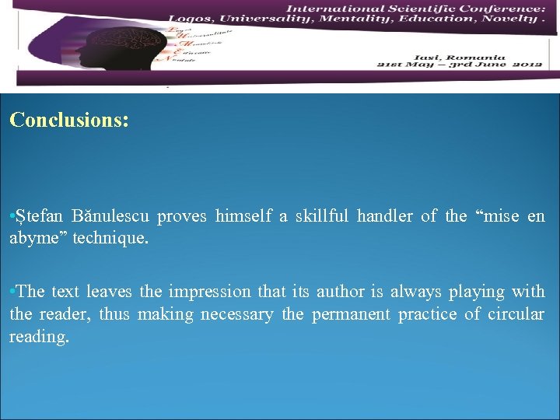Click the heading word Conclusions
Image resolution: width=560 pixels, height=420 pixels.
click(x=68, y=121)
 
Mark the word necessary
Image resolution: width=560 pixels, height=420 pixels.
click(x=236, y=315)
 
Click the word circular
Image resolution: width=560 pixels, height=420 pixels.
click(x=516, y=315)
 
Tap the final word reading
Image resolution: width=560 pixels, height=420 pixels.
click(x=39, y=338)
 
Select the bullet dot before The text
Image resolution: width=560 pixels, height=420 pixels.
click(x=12, y=292)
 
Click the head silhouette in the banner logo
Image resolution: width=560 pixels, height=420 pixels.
click(x=140, y=51)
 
